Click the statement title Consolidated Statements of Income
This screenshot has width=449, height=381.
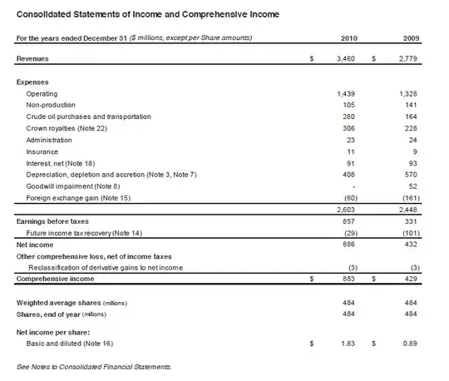(x=148, y=15)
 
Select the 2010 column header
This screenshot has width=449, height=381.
(x=349, y=38)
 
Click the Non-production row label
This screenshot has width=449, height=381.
(x=52, y=106)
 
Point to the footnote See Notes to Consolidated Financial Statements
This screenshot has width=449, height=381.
(x=94, y=366)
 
